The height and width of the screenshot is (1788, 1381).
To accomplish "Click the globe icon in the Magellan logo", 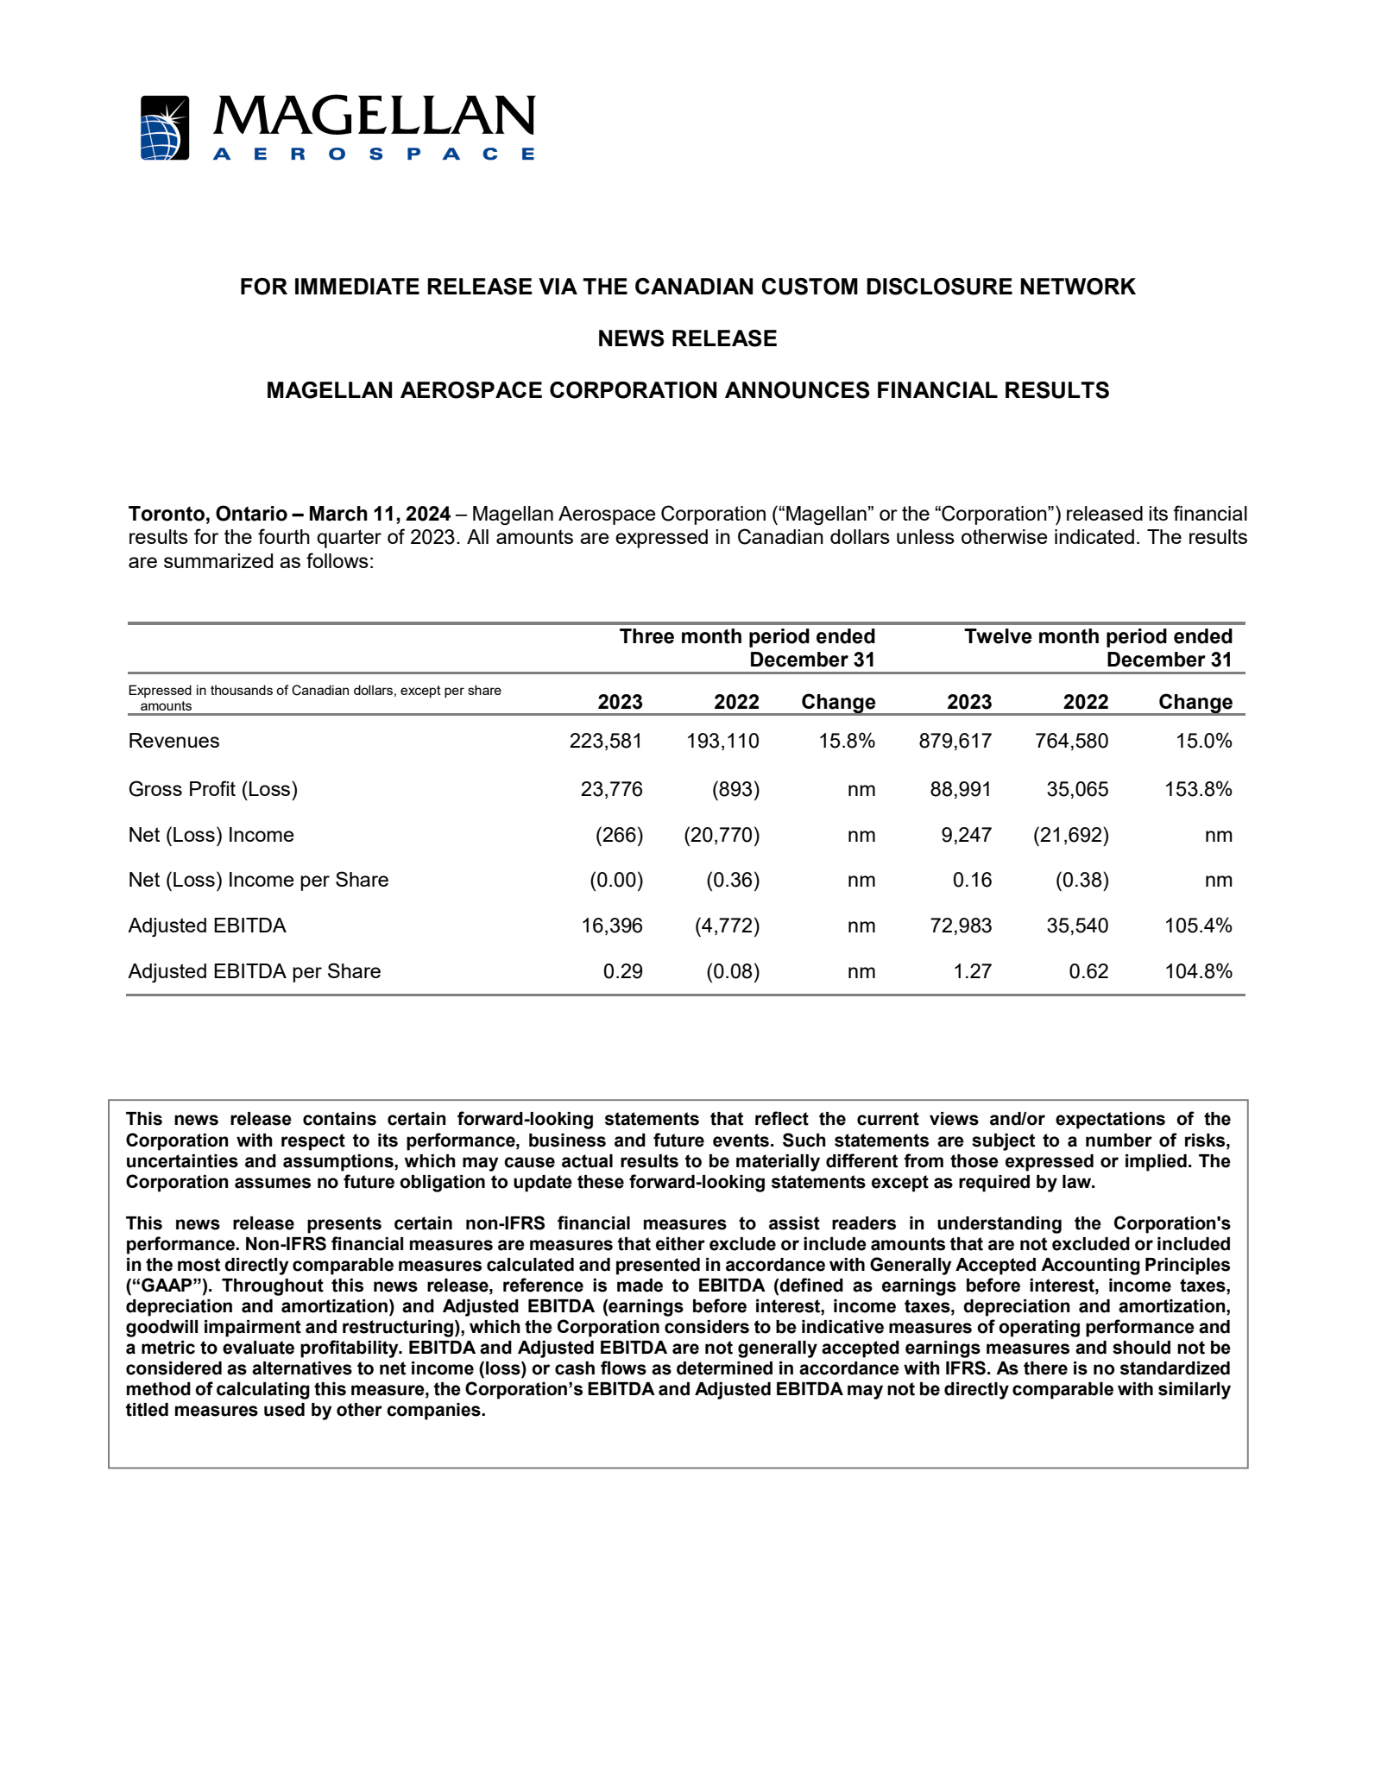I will pyautogui.click(x=164, y=128).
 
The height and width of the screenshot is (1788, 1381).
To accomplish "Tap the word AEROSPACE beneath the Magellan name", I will pyautogui.click(x=374, y=155).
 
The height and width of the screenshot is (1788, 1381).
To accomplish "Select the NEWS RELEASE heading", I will pyautogui.click(x=687, y=338).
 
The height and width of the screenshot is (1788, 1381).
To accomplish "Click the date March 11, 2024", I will pyautogui.click(x=379, y=514).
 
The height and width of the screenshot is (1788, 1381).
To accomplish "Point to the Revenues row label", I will pyautogui.click(x=173, y=741).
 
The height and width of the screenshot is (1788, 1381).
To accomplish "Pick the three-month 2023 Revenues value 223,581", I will pyautogui.click(x=606, y=741).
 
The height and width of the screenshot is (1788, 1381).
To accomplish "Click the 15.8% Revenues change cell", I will pyautogui.click(x=847, y=741).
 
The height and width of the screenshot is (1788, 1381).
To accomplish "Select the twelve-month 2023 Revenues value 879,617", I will pyautogui.click(x=955, y=741).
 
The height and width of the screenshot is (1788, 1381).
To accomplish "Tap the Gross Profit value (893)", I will pyautogui.click(x=735, y=789).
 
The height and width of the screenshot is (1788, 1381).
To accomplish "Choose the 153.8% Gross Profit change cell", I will pyautogui.click(x=1198, y=789).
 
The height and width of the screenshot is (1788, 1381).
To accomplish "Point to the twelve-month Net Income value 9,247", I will pyautogui.click(x=966, y=835).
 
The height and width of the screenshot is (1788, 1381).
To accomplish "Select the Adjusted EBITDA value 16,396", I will pyautogui.click(x=612, y=926).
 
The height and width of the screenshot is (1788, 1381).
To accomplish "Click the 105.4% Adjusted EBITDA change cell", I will pyautogui.click(x=1198, y=926).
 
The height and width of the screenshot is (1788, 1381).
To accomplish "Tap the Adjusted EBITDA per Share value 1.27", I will pyautogui.click(x=972, y=971).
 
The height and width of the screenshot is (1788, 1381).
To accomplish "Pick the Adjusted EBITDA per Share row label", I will pyautogui.click(x=255, y=971).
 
